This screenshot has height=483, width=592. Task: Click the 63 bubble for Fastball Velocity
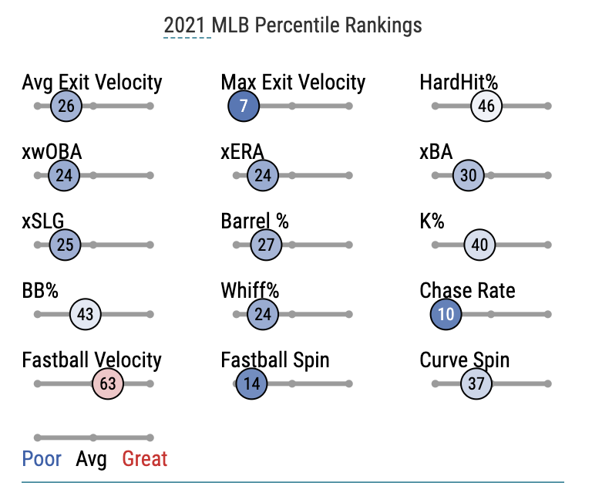click(108, 383)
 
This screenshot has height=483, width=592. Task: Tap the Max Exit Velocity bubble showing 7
click(244, 106)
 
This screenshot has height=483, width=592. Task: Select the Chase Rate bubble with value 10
click(446, 315)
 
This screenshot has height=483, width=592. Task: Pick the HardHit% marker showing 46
click(486, 106)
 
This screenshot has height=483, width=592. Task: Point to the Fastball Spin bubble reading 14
click(251, 383)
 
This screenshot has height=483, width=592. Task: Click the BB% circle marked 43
click(86, 315)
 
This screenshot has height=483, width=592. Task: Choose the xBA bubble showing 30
click(469, 176)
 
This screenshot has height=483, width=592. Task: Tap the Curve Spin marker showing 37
click(476, 383)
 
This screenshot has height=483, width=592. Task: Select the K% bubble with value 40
click(479, 245)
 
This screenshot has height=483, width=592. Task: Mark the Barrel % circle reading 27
click(266, 245)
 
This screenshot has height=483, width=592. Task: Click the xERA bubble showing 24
click(263, 176)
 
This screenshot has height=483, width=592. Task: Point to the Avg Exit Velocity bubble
click(66, 106)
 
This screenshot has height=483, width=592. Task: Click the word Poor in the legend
click(42, 460)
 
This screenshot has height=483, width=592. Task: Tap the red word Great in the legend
click(145, 460)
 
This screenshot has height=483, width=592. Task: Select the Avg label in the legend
click(91, 460)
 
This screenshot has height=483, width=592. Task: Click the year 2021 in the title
click(187, 25)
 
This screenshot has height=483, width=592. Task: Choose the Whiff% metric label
click(250, 291)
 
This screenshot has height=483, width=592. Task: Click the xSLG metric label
click(43, 221)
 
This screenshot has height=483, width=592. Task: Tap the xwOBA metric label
click(52, 152)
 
